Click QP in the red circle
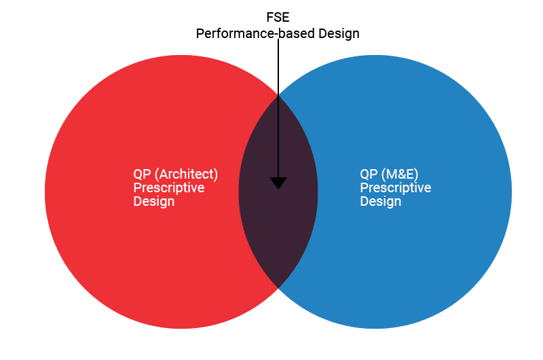click(x=143, y=173)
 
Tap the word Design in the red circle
click(x=153, y=201)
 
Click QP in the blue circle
click(x=369, y=173)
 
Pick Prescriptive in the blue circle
click(x=395, y=187)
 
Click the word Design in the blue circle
click(x=380, y=201)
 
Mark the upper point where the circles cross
click(x=278, y=94)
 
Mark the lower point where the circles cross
click(x=278, y=287)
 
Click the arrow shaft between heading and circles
click(x=278, y=68)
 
